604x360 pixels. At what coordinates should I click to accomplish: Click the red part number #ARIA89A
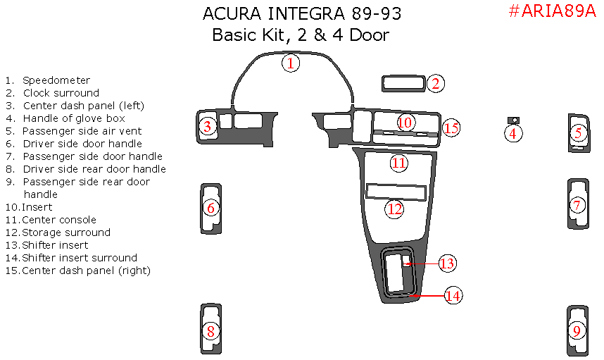(x=552, y=11)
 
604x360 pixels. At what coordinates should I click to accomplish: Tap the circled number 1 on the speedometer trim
(x=291, y=63)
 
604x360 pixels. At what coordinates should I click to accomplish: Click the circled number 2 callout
(x=436, y=83)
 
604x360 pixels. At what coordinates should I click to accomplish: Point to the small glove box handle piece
(x=513, y=120)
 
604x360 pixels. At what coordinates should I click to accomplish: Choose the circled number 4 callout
(x=513, y=134)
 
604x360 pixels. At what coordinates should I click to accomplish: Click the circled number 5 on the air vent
(x=578, y=133)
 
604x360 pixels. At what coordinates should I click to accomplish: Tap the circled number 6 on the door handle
(x=210, y=208)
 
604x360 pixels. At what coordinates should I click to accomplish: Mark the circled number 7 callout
(x=577, y=205)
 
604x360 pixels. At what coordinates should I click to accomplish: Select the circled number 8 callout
(x=210, y=331)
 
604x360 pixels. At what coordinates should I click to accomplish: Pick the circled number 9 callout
(x=577, y=330)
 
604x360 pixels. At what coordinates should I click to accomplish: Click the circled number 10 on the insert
(x=405, y=123)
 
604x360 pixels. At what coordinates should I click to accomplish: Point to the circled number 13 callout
(x=447, y=263)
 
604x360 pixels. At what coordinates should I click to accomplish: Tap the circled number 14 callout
(x=453, y=296)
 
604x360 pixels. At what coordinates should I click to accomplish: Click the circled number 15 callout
(x=451, y=128)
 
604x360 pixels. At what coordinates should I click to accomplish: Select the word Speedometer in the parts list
(x=56, y=80)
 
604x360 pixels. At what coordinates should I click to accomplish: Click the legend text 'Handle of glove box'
(x=74, y=118)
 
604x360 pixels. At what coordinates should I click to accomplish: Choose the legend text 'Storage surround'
(x=66, y=232)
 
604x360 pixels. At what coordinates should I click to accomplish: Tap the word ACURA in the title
(x=232, y=14)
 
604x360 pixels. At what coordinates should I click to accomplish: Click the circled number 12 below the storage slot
(x=394, y=209)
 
